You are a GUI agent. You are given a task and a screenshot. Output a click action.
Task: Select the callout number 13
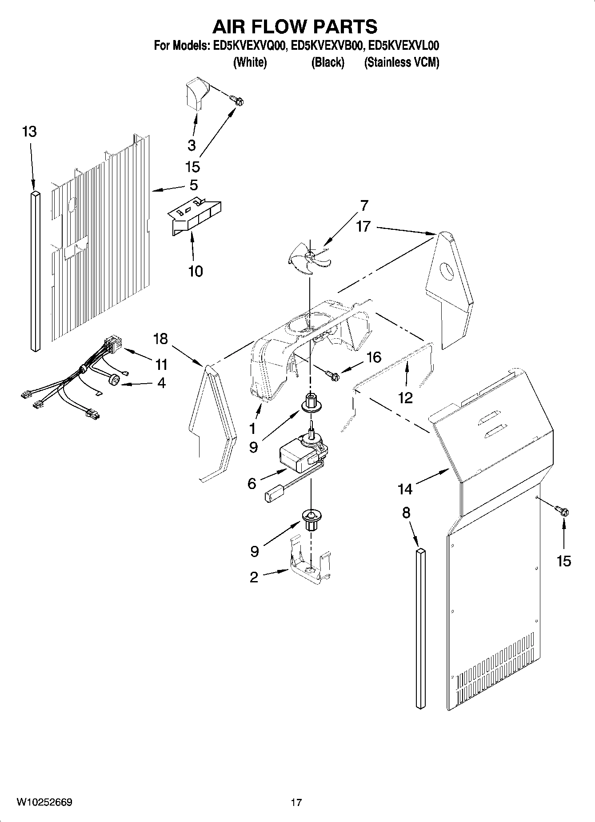pos(29,132)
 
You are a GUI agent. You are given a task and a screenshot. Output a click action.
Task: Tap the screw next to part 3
pos(238,101)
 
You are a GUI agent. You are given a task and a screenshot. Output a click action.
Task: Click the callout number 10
pos(196,271)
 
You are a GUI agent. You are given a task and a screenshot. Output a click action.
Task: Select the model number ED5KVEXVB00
pos(328,46)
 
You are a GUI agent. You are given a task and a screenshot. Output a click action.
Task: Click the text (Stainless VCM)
pos(401,63)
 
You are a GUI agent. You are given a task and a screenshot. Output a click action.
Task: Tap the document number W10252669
pos(44,802)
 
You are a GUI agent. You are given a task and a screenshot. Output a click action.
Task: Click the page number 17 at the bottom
pos(296,802)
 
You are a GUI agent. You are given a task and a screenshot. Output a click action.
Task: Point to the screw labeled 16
pos(333,376)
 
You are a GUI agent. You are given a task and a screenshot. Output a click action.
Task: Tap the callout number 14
pos(405,489)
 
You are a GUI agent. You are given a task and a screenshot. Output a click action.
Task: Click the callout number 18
pos(160,339)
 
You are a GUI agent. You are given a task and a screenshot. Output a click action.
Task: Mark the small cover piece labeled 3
pos(194,95)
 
